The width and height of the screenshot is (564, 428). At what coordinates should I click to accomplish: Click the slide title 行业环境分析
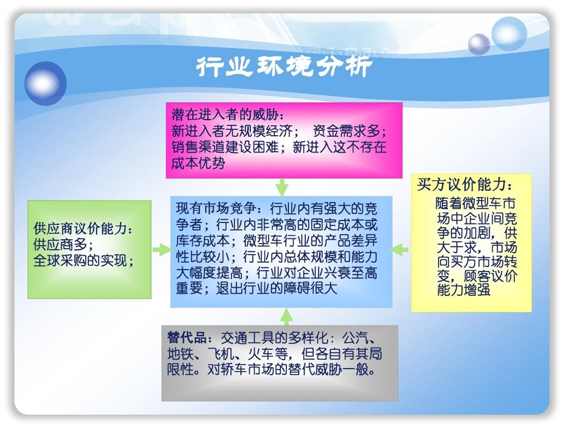pos(284,66)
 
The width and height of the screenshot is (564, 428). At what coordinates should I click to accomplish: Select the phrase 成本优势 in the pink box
pos(198,163)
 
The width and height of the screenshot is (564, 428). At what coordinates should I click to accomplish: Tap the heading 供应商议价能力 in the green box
pos(80,228)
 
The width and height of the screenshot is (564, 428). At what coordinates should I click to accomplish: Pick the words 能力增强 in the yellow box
pos(464,290)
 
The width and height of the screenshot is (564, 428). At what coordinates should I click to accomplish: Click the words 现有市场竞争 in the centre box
pos(216,208)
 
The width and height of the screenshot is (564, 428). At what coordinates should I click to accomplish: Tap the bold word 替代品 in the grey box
pos(187,337)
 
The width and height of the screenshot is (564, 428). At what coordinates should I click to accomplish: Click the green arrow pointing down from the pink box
pos(282,187)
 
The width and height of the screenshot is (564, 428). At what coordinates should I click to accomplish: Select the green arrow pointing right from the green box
pos(162,250)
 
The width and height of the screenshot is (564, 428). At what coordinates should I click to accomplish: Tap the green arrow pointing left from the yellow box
pos(400,250)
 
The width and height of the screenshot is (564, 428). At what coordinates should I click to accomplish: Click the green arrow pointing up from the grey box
pos(286,317)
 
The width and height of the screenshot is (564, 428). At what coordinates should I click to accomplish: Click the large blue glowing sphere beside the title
pos(45,84)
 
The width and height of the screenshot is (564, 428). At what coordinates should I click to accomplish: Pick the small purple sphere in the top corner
pos(479,44)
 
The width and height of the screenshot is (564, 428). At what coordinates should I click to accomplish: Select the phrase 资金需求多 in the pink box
pos(347,131)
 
